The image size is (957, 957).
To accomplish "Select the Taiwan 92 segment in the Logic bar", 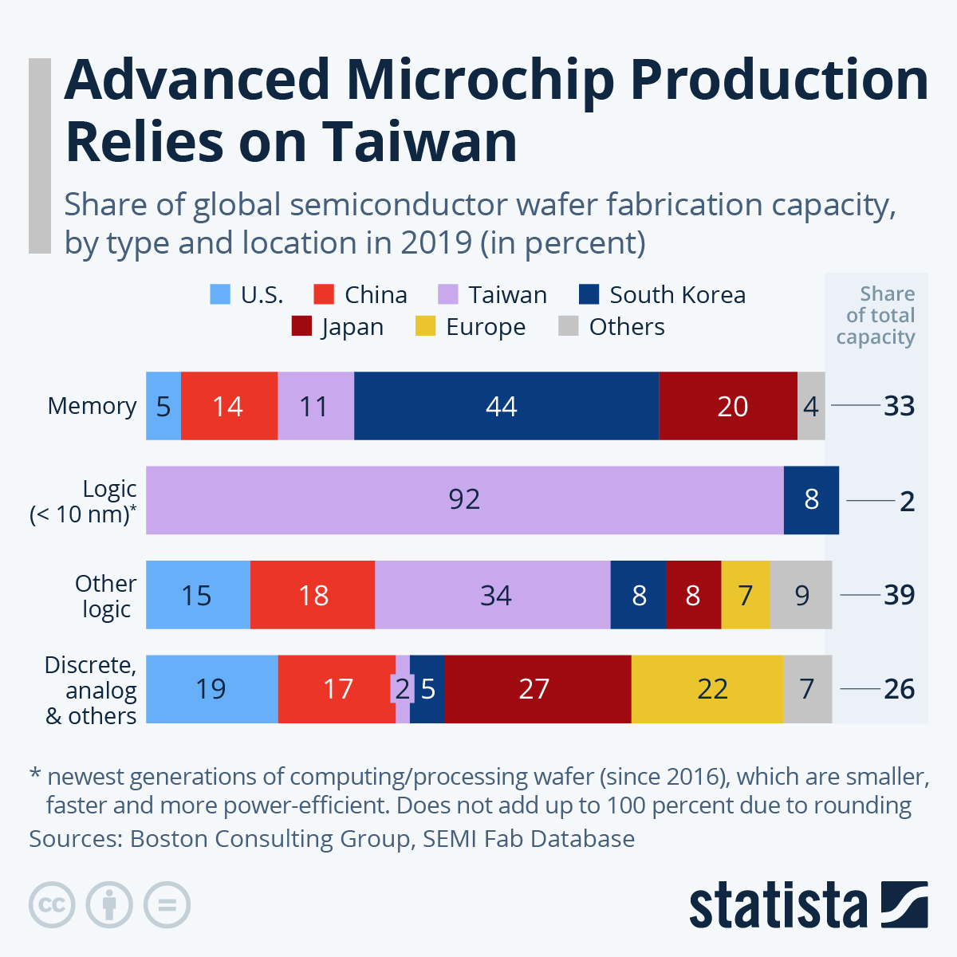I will coord(464,500).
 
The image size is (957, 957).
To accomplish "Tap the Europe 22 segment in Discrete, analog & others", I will coord(707,689).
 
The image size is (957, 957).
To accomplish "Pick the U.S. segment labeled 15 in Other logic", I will coord(198,595).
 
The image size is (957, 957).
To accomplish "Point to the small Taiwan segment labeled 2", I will coord(403,689).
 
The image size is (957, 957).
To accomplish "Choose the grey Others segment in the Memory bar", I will coord(811,406).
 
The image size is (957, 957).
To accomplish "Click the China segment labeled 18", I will coord(313,595).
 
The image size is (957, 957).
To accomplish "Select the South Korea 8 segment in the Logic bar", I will coord(811,500).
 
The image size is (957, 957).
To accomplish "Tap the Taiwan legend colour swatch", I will coord(448,295).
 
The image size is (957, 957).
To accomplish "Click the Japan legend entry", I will coord(337,327).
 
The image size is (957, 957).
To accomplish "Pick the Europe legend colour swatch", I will coord(426,327).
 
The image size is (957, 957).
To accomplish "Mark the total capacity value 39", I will coord(899,595).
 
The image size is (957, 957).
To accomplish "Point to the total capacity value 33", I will coord(899,406).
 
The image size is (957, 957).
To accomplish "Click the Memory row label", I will coord(92,406).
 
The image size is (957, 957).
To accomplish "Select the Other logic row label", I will coord(105,596).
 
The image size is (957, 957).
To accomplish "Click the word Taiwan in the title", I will coord(419,142).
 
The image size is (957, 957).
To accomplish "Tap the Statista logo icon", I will coord(904,904).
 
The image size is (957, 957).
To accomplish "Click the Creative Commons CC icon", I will coord(52,905).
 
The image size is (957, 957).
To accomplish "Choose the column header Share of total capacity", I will coord(876,316).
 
